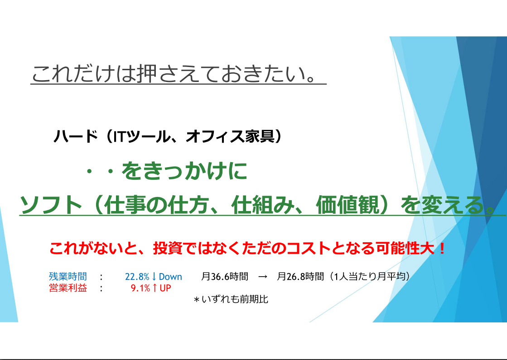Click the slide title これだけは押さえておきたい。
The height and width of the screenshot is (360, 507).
click(174, 73)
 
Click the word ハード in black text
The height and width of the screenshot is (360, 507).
click(76, 136)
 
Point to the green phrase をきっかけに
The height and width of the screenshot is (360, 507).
click(184, 171)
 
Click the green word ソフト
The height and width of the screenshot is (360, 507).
click(51, 205)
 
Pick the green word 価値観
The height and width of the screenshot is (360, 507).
click(348, 205)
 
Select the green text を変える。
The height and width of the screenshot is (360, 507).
click(448, 205)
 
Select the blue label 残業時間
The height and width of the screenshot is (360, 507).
click(68, 276)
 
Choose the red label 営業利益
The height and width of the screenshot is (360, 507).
click(68, 288)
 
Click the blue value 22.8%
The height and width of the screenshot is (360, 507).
click(137, 277)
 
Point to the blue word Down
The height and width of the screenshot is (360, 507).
click(170, 277)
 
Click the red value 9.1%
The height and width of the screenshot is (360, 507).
click(140, 288)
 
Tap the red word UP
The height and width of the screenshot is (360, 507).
click(165, 288)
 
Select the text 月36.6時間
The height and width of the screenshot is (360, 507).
click(225, 276)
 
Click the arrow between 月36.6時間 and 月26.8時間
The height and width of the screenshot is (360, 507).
click(263, 277)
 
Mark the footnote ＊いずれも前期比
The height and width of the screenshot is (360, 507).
click(231, 299)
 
